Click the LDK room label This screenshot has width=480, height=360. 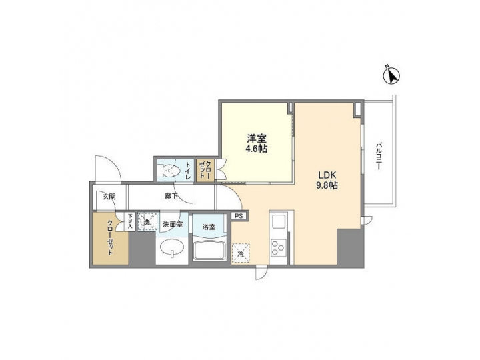[x=327, y=175]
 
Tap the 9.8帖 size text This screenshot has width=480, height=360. [x=327, y=186]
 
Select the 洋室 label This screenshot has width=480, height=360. [x=257, y=139]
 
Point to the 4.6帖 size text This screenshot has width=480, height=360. [x=257, y=149]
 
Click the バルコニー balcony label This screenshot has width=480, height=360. [x=378, y=157]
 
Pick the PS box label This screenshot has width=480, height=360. [x=239, y=215]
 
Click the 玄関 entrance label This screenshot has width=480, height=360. [x=109, y=196]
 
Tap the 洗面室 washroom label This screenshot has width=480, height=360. [x=172, y=225]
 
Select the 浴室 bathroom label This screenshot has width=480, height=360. [x=209, y=227]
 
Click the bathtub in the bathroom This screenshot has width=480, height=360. [x=210, y=252]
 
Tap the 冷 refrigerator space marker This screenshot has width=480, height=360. [x=239, y=252]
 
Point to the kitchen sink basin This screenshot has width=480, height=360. [x=278, y=222]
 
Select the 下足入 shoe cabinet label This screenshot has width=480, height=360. [x=131, y=219]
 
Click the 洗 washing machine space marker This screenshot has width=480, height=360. [x=146, y=221]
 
